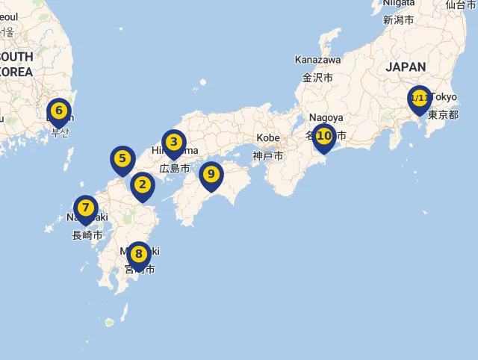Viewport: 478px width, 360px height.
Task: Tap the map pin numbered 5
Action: click(122, 159)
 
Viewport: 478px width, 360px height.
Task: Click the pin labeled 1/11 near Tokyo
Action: click(419, 99)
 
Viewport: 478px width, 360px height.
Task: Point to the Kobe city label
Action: click(268, 138)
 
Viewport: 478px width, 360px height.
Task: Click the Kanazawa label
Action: click(317, 60)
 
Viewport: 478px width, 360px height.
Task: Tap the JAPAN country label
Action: click(406, 67)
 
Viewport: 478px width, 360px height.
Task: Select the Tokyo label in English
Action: click(444, 97)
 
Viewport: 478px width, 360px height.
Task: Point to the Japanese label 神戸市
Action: click(267, 156)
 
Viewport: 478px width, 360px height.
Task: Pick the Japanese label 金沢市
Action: click(317, 78)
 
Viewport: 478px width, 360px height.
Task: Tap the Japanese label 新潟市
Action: click(398, 20)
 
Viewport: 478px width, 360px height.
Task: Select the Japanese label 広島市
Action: click(175, 169)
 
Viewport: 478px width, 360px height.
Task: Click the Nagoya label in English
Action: click(325, 118)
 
